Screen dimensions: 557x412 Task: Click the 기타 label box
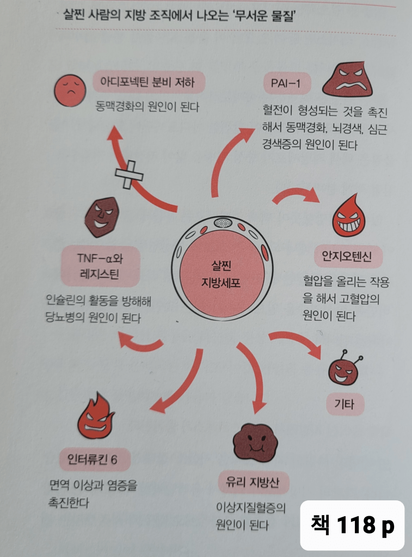pyautogui.click(x=344, y=404)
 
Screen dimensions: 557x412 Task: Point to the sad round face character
pyautogui.click(x=68, y=91)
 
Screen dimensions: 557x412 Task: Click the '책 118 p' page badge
pyautogui.click(x=353, y=525)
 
